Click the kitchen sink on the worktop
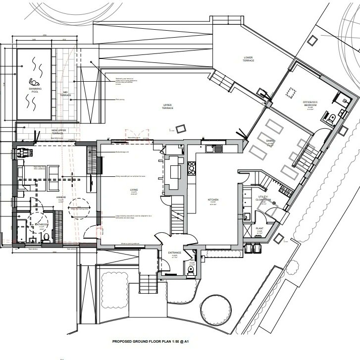[217, 148]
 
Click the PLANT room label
[258, 229]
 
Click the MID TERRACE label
[65, 93]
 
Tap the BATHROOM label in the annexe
[42, 225]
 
